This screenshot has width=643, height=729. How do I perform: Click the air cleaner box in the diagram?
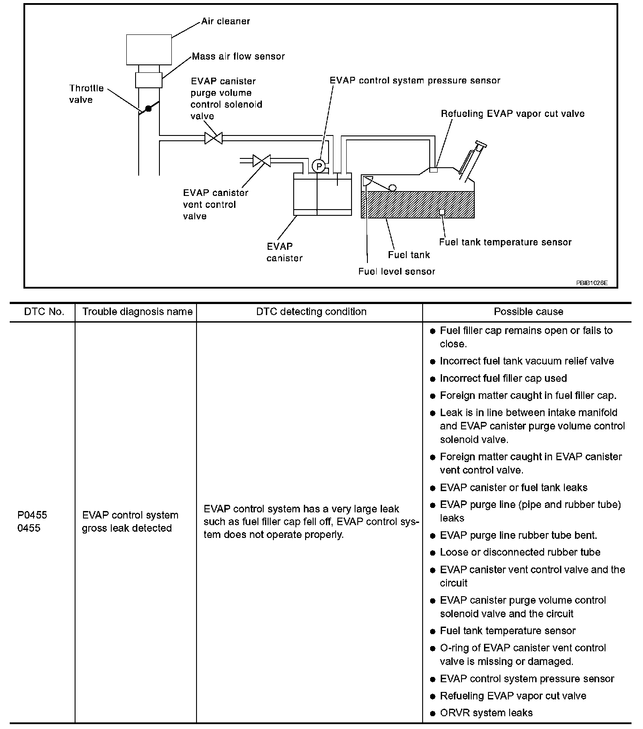point(149,50)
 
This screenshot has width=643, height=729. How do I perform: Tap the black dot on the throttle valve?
point(148,109)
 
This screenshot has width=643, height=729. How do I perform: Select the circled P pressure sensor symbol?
point(318,166)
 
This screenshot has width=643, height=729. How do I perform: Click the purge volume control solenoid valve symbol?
point(213,138)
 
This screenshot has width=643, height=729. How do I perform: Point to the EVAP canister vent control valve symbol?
point(262,161)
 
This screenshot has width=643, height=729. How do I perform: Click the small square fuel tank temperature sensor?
point(442,212)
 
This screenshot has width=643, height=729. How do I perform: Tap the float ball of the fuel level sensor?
point(392,188)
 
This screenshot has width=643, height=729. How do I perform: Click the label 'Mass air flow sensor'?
point(238,56)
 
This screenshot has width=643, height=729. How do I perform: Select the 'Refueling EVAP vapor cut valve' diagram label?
point(512,114)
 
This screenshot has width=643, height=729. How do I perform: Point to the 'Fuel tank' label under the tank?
point(408,255)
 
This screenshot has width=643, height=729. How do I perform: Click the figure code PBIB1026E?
point(591,283)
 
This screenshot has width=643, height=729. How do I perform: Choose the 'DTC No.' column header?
point(44,312)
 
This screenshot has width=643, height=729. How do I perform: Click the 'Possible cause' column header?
point(528,312)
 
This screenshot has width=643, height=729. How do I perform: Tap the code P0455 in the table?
point(32,515)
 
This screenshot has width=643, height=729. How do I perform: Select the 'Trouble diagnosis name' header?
point(137,312)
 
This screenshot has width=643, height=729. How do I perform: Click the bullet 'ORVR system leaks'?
point(486,713)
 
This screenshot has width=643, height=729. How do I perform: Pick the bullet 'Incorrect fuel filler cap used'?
point(503,378)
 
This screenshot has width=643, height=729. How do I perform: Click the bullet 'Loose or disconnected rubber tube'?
point(520,552)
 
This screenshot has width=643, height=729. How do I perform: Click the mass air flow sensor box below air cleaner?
point(149,80)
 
